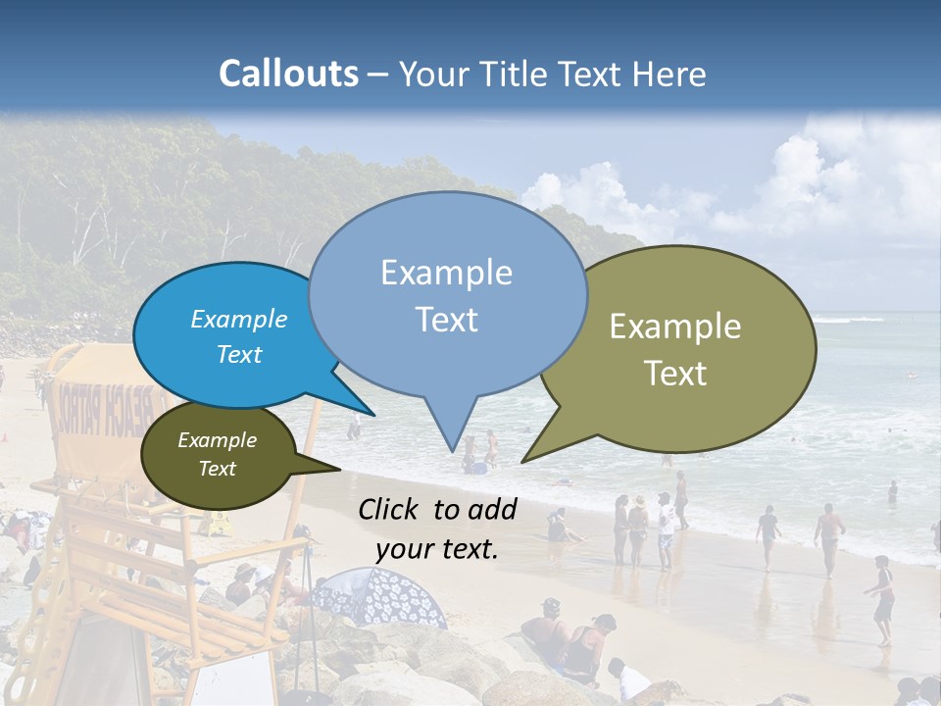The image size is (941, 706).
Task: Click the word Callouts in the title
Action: [x=288, y=74]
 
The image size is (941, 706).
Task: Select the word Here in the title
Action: [x=669, y=75]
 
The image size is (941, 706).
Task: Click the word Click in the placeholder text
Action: [x=391, y=509]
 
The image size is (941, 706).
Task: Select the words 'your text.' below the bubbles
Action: [x=437, y=549]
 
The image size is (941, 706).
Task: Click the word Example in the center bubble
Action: [x=446, y=273]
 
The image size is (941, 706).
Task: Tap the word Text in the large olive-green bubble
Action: [x=675, y=373]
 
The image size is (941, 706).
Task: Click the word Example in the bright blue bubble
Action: [x=239, y=319]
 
